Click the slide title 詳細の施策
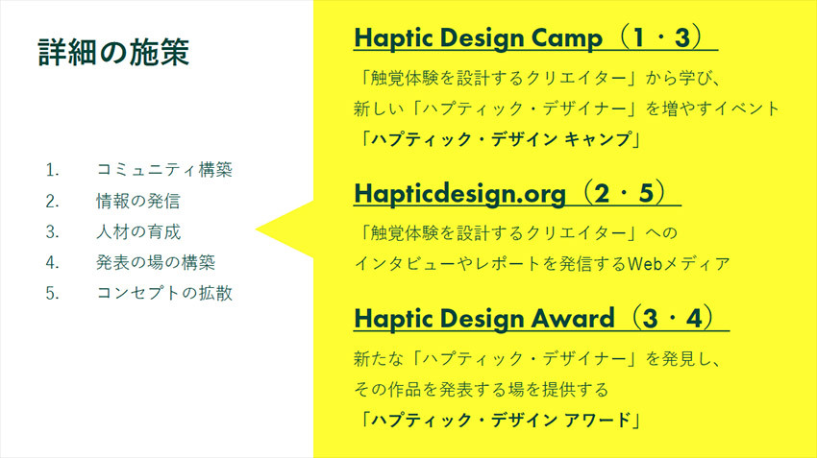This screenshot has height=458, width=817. tap(113, 52)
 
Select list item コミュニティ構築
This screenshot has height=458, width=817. tap(164, 170)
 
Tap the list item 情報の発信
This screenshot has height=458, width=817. tap(138, 201)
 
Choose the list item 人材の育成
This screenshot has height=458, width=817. tap(138, 231)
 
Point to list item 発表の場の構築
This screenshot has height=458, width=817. tap(156, 262)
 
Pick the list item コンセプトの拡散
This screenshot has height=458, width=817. tap(164, 293)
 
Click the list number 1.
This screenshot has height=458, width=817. tap(52, 170)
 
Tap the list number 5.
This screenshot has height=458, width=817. tap(52, 294)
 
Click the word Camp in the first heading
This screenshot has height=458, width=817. tap(566, 38)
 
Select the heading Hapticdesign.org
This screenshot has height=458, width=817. tap(460, 194)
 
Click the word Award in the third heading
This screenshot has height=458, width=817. tap(572, 319)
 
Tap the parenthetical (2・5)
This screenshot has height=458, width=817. tap(624, 193)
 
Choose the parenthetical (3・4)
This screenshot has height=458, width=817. tap(673, 318)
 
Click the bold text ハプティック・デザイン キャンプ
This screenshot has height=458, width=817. tap(500, 139)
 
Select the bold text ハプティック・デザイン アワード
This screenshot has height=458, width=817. tap(500, 420)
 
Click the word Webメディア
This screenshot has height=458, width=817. tap(679, 264)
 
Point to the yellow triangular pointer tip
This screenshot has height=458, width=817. tap(256, 229)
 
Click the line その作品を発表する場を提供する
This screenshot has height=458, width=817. tap(481, 389)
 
